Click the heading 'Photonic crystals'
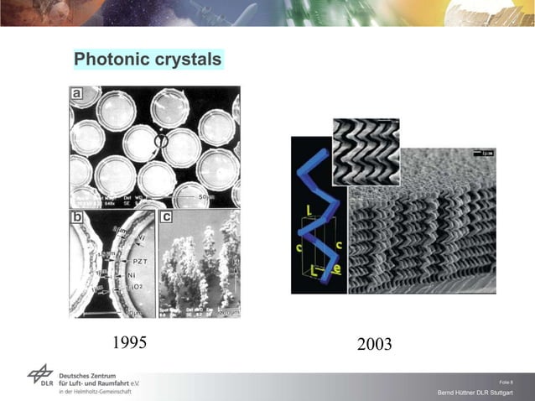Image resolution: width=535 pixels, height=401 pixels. coord(148,60)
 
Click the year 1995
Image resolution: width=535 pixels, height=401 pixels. coord(129,343)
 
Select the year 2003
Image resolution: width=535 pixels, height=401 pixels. coord(374,345)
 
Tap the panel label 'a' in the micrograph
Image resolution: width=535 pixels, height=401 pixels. coord(77,95)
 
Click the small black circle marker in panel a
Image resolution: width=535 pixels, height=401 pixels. coord(163,143)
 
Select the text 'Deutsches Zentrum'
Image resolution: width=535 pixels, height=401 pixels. coord(94,371)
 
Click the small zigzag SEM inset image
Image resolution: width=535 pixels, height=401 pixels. coord(366,151)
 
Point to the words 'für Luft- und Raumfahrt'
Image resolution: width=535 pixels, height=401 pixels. coord(99,382)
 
